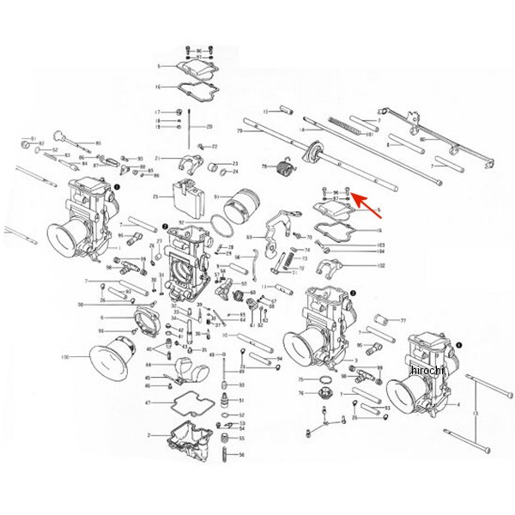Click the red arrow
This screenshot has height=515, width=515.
[360, 201]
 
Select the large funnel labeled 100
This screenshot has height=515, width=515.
[116, 357]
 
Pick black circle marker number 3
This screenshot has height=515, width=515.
[352, 293]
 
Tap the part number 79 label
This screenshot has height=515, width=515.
[239, 131]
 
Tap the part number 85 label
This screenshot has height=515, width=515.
[98, 142]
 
